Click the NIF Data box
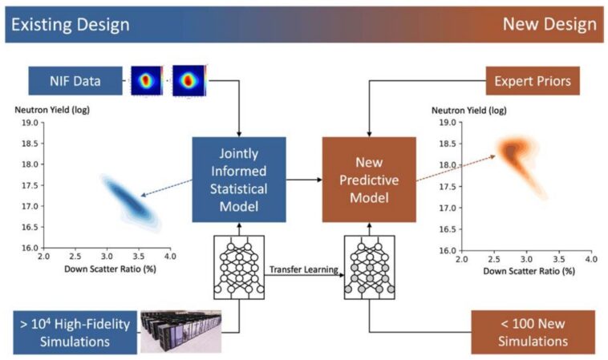pyautogui.click(x=78, y=81)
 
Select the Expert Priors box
pyautogui.click(x=533, y=81)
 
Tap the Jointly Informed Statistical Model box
pyautogui.click(x=239, y=179)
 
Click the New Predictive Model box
pyautogui.click(x=369, y=179)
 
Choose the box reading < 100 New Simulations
pyautogui.click(x=532, y=330)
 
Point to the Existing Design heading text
pyautogui.click(x=69, y=24)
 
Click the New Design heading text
pyautogui.click(x=549, y=24)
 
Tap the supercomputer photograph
pyautogui.click(x=181, y=330)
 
